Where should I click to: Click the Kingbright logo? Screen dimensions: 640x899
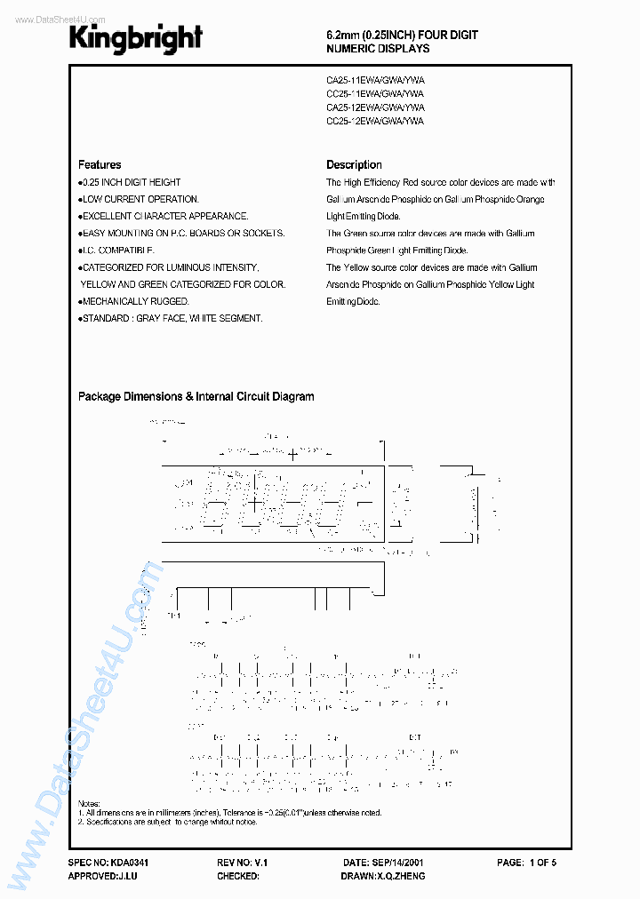[136, 38]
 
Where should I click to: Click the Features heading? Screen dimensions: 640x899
[100, 164]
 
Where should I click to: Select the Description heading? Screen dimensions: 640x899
[354, 164]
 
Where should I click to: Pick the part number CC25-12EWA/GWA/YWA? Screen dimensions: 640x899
[375, 120]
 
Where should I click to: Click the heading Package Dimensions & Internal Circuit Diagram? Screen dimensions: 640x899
[196, 397]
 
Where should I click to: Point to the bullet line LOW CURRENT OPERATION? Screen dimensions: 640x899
[140, 199]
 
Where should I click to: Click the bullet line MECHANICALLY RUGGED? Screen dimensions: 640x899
[135, 301]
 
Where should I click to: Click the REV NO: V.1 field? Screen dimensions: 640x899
[242, 863]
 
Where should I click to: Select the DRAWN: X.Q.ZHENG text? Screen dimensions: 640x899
[382, 876]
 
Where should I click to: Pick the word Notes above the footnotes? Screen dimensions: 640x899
[89, 803]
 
